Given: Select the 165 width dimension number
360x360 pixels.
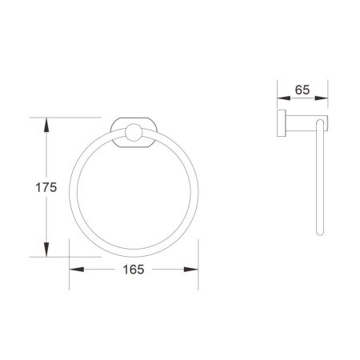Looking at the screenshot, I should pos(133,270).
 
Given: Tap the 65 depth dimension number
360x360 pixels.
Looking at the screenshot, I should pos(302,90).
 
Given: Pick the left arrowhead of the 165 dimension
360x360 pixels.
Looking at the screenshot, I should pos(72,270).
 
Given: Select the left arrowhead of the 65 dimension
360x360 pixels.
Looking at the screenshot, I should pos(281,100).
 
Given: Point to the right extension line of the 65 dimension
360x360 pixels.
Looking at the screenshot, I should pos(328,96).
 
